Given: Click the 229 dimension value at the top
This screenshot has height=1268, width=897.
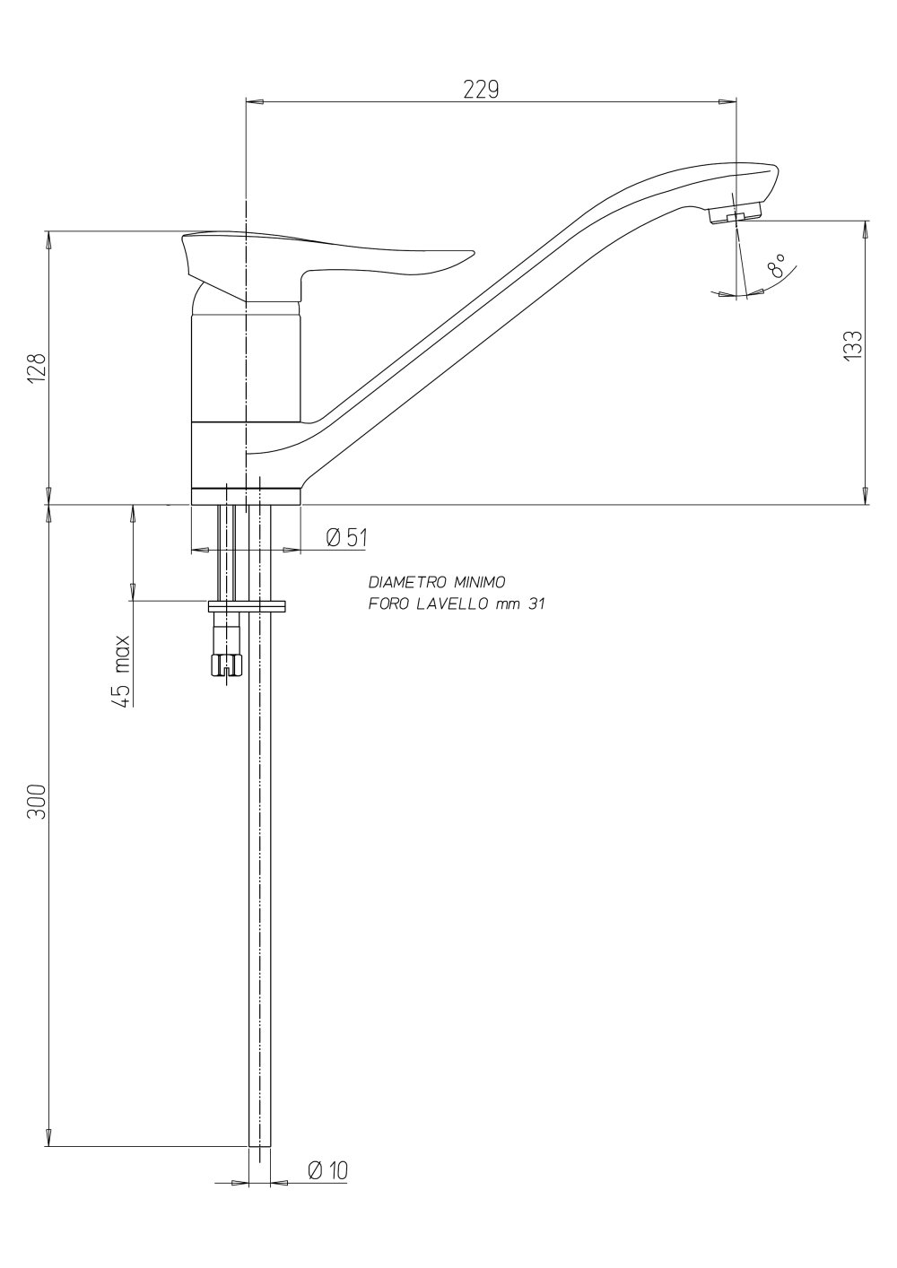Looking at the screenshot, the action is click(x=481, y=90).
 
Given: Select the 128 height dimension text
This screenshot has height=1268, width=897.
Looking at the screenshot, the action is click(x=37, y=369).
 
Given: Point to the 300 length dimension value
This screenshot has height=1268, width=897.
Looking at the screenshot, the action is click(x=37, y=801).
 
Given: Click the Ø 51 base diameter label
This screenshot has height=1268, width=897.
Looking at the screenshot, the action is click(x=346, y=537).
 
